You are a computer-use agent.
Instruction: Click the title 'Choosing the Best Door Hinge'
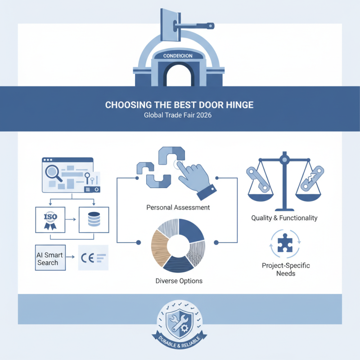[179, 105]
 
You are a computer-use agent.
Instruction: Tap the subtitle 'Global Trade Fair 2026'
[179, 115]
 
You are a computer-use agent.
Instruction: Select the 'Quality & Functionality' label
[284, 218]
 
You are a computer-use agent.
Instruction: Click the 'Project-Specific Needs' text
[286, 269]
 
